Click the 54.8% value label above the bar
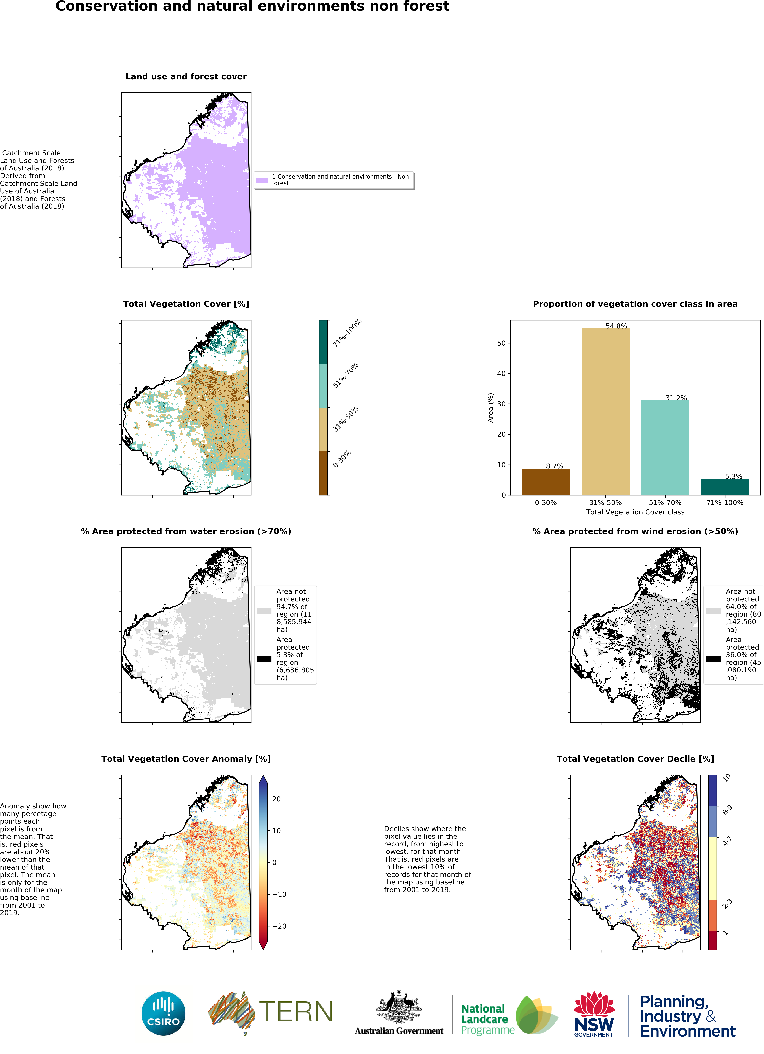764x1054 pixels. click(616, 326)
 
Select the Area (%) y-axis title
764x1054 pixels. click(490, 408)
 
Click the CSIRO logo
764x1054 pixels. click(163, 1014)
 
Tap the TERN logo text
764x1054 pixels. click(296, 1012)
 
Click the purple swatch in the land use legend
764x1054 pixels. click(262, 180)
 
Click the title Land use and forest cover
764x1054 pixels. click(186, 77)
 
